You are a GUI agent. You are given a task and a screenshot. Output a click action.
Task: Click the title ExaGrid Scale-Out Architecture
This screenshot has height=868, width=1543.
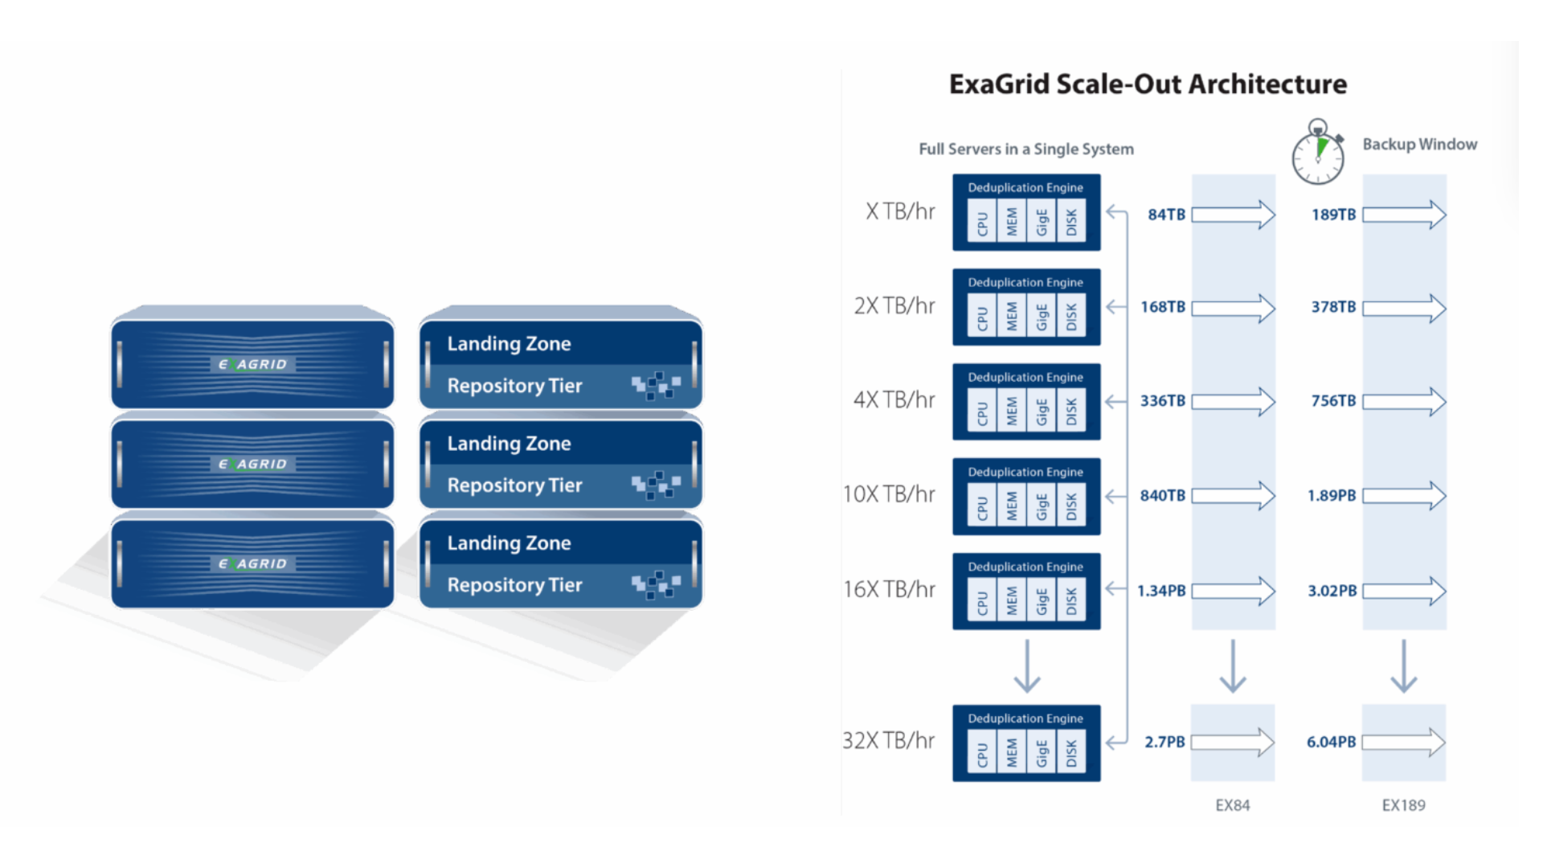(x=1148, y=84)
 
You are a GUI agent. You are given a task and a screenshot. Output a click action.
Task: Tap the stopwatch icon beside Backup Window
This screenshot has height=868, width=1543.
(x=1318, y=154)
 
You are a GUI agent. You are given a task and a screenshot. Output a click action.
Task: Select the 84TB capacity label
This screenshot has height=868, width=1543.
(x=1166, y=215)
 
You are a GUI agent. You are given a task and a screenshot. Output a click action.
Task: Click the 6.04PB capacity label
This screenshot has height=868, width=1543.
(x=1331, y=742)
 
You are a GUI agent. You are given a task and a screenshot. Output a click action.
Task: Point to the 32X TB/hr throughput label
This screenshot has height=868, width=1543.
(x=888, y=740)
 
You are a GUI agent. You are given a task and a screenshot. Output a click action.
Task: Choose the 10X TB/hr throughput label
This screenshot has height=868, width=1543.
(x=888, y=494)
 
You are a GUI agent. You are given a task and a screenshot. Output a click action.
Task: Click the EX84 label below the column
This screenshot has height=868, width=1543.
(x=1232, y=805)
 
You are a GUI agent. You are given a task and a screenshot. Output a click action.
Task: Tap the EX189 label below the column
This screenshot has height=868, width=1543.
(x=1403, y=805)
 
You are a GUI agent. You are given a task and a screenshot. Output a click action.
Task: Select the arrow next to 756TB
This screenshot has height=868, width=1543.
(x=1404, y=401)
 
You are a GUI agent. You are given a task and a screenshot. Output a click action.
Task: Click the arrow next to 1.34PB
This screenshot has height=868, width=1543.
(x=1233, y=591)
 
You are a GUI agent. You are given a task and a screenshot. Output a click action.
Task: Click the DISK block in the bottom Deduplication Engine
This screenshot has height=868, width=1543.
(x=1071, y=753)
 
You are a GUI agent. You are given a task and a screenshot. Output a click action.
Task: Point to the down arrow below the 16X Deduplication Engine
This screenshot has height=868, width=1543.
(x=1027, y=666)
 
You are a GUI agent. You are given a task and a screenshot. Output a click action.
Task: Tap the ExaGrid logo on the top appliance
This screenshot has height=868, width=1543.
(x=252, y=364)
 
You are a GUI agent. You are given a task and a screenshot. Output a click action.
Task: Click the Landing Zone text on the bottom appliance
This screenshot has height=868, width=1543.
(x=509, y=543)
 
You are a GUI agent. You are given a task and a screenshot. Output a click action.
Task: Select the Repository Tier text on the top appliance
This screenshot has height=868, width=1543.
(x=514, y=386)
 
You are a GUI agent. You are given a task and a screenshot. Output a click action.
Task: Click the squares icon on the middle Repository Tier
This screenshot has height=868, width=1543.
(x=656, y=485)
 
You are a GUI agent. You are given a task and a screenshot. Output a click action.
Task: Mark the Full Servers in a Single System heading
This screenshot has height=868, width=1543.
(x=1026, y=149)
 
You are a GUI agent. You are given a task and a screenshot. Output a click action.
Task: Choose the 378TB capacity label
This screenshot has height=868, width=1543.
(x=1333, y=307)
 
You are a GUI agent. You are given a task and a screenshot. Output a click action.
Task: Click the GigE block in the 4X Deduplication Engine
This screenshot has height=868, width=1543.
(x=1042, y=411)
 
